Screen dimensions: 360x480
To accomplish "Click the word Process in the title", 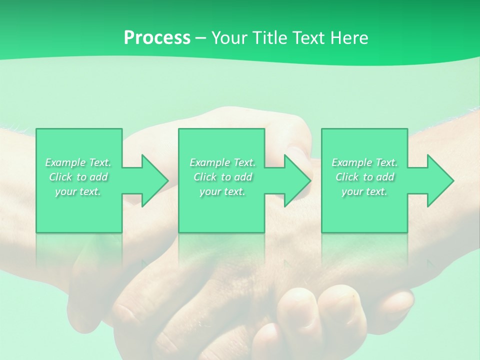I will [x=157, y=38].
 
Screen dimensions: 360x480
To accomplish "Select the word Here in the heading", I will [x=349, y=38].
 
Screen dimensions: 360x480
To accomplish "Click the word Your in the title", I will [x=229, y=38].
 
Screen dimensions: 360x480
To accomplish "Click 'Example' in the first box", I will [x=65, y=162].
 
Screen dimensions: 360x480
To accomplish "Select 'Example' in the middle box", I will [x=209, y=162].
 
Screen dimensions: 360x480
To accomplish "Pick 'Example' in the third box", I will [x=351, y=162].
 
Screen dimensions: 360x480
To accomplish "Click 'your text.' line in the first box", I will [x=78, y=191].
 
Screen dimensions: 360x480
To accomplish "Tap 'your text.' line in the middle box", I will [x=222, y=191].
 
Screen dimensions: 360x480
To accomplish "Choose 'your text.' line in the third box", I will [x=364, y=191].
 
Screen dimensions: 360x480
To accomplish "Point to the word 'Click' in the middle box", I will [x=204, y=177].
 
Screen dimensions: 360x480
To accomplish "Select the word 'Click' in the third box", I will [x=346, y=177].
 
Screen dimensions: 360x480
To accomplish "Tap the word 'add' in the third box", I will [x=385, y=177].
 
